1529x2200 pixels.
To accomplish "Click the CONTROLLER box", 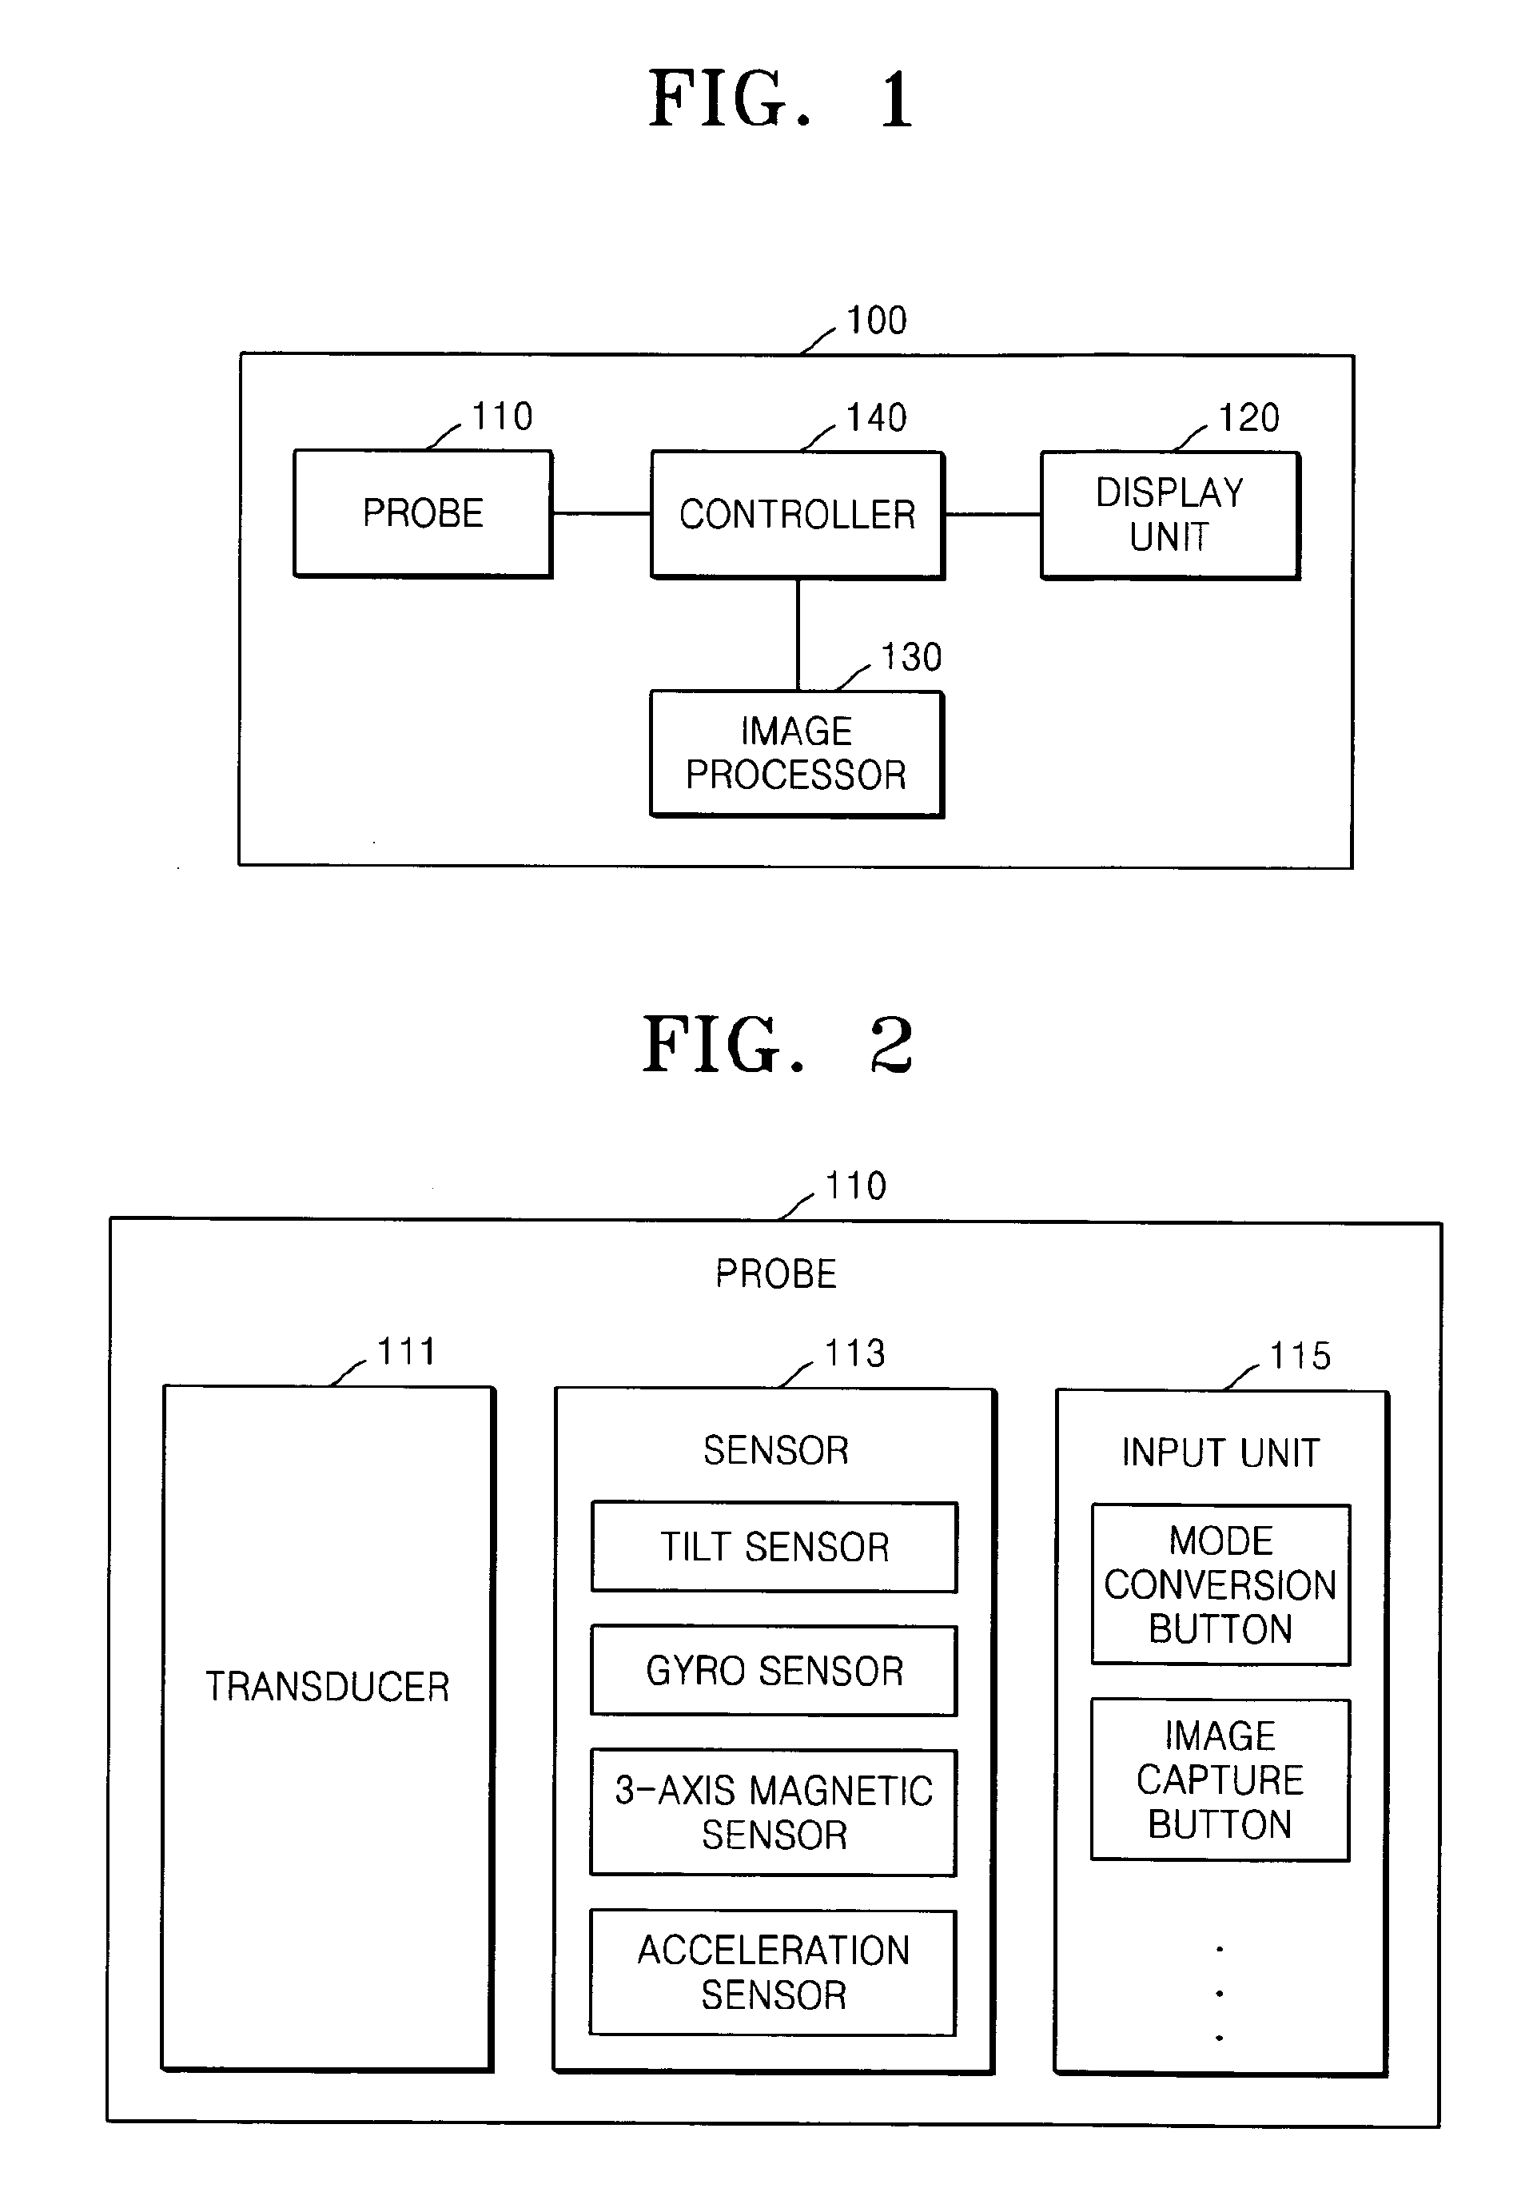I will [797, 515].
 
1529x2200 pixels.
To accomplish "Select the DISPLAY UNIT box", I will [1170, 515].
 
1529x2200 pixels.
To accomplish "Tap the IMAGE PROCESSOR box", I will [796, 753].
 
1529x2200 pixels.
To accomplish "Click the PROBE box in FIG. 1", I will [423, 513].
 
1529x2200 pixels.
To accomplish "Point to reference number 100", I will [876, 320].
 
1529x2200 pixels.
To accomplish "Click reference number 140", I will [876, 418].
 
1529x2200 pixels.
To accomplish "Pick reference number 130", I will [911, 657].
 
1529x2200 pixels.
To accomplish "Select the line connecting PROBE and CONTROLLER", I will [602, 513].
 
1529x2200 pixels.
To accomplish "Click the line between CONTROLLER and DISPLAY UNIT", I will [993, 515].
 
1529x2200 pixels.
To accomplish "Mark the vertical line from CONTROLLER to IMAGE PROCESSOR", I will [798, 634].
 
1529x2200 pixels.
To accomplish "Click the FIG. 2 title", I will [777, 1044].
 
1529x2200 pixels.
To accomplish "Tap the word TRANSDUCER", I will [328, 1687].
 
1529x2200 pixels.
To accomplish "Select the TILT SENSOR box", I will [774, 1547].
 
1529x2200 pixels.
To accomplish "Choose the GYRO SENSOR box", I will [774, 1670].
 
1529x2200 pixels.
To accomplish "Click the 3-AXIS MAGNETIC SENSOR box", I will [773, 1812].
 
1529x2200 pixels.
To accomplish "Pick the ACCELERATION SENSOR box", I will [773, 1972].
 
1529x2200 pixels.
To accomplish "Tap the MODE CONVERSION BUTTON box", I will [1220, 1584].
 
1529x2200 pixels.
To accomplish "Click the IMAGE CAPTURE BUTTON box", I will [1220, 1780].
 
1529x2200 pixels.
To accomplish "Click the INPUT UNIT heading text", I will [1220, 1453].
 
